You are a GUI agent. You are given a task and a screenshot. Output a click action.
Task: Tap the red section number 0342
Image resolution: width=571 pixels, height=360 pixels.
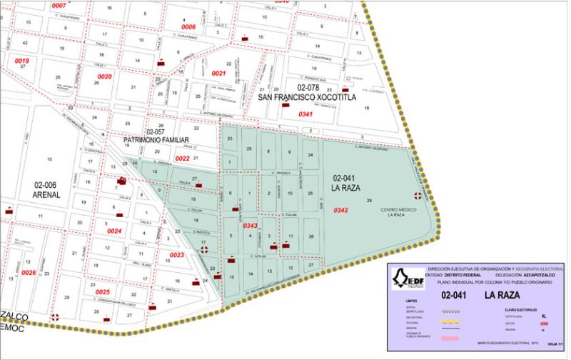point(341,210)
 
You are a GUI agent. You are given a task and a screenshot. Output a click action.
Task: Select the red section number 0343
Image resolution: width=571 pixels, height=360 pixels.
point(251,226)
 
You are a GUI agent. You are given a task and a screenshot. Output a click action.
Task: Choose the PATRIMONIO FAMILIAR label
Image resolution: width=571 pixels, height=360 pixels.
point(155,140)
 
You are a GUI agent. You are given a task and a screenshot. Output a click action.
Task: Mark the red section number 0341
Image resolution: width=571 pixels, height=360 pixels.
point(305,114)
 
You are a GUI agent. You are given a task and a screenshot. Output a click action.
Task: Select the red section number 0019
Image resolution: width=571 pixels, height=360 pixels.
point(21,61)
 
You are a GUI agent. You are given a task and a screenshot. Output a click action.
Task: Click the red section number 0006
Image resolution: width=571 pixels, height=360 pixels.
point(188,26)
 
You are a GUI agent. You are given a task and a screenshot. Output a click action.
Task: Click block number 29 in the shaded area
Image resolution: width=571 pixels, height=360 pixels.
point(248,148)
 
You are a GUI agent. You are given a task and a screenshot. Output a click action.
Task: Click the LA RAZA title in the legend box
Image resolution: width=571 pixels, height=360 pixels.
point(500,294)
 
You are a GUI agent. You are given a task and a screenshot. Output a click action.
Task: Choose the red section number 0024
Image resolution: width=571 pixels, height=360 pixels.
point(114,231)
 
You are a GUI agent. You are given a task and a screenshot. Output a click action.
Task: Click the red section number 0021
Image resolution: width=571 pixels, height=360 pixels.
point(218,74)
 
